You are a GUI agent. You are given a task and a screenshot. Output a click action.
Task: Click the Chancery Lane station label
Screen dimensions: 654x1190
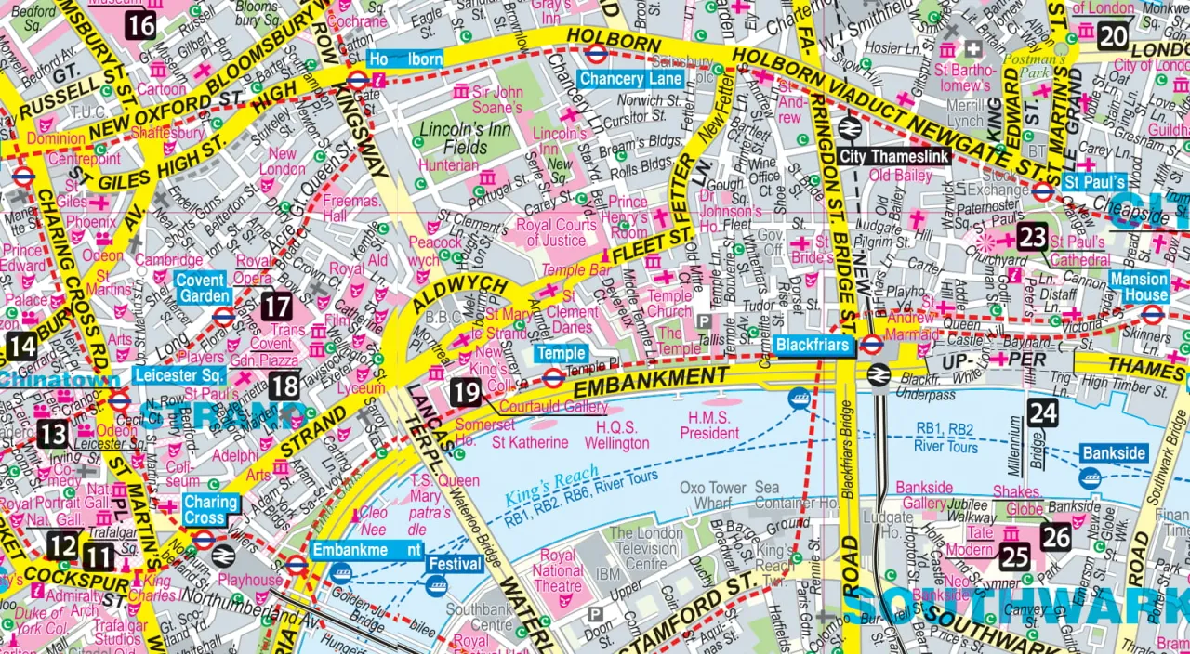[631, 79]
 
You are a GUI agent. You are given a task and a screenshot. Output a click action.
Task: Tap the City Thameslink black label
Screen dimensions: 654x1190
[895, 157]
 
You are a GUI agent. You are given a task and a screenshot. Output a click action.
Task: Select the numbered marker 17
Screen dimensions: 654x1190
[276, 306]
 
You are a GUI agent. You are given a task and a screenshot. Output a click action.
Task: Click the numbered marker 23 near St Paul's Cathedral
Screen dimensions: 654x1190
[1032, 237]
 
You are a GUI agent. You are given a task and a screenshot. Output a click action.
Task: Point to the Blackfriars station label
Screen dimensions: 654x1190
[813, 346]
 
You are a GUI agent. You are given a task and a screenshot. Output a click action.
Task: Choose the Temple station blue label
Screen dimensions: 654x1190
[561, 353]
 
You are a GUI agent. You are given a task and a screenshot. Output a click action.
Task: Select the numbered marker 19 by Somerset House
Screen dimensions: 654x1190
[465, 391]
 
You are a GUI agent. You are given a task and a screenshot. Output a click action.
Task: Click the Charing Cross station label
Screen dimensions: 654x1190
[210, 509]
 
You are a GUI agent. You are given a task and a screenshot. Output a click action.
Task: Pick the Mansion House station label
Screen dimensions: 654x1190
[1139, 287]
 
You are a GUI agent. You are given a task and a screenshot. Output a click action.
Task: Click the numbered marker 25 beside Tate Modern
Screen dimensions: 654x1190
[1015, 556]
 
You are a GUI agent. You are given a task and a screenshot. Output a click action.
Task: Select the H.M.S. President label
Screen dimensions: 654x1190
[709, 425]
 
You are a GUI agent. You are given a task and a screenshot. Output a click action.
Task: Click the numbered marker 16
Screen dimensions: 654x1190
[139, 24]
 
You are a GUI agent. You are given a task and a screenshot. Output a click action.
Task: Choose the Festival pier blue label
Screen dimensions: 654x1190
[456, 564]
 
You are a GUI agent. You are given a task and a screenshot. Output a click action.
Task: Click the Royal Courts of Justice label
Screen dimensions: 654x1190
[556, 232]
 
